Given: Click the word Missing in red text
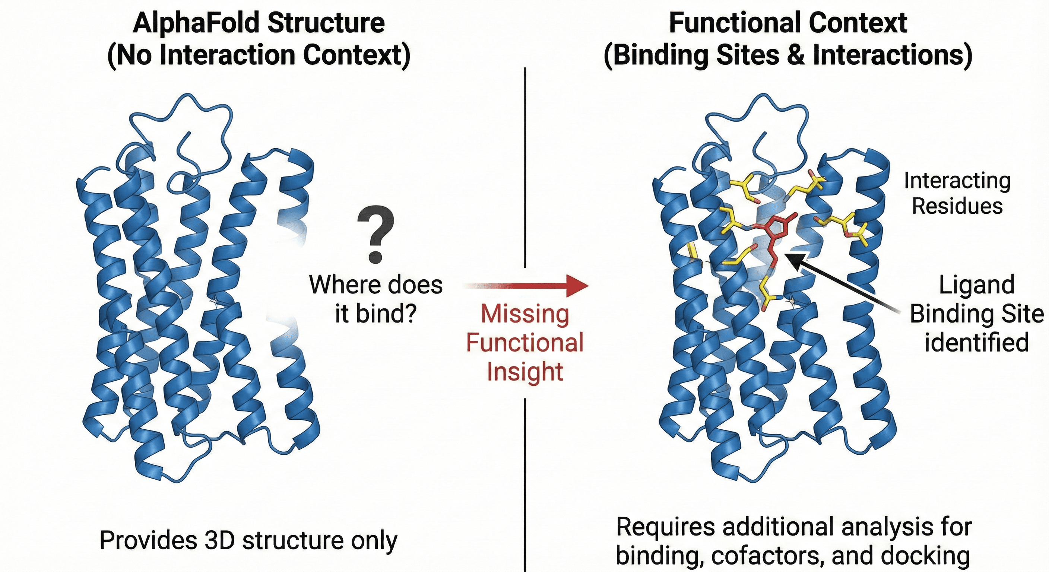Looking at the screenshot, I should click(525, 314).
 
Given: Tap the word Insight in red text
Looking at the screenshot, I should click(525, 371).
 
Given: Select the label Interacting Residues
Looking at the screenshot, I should click(957, 193).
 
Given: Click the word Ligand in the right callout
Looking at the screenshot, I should click(976, 285).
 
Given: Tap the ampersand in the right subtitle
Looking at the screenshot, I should click(796, 55).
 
